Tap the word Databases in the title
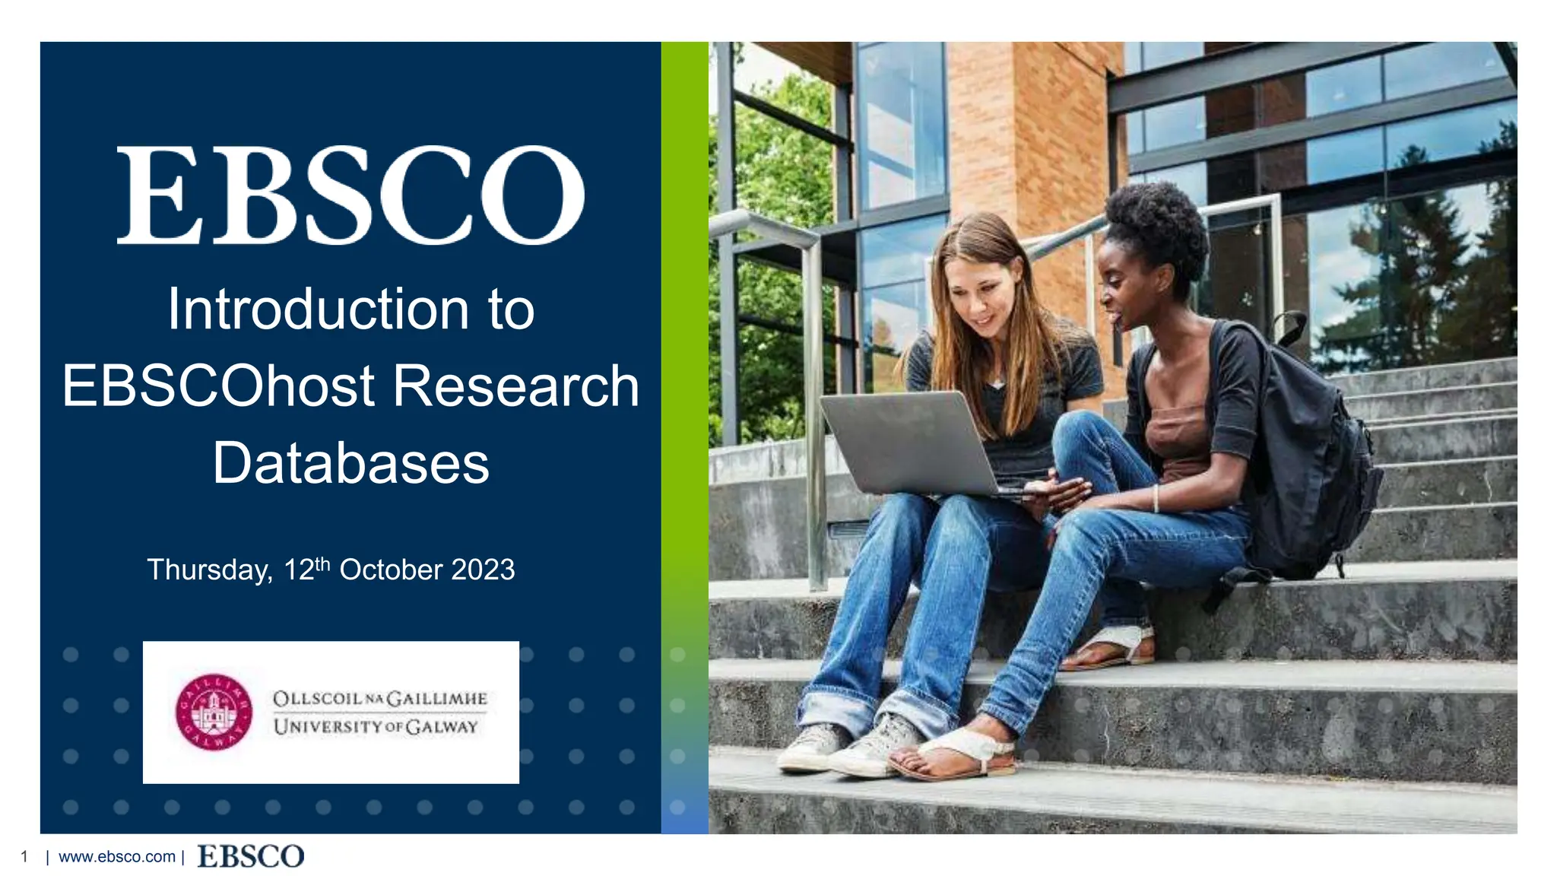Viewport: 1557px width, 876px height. coord(350,463)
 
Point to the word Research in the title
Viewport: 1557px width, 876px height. coord(515,386)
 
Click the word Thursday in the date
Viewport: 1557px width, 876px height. coord(209,570)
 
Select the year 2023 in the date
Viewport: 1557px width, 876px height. coord(483,570)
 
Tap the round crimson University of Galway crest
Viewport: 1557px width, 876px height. coord(214,712)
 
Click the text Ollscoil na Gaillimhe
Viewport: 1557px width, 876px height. coord(379,698)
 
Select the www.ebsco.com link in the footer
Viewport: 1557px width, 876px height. coord(117,857)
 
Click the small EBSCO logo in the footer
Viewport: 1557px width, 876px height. coord(250,856)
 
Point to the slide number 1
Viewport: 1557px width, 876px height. coord(24,857)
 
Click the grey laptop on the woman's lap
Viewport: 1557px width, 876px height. coord(912,441)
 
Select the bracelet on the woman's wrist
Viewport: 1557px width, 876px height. coord(1156,498)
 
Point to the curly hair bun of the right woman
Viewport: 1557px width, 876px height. coord(1159,221)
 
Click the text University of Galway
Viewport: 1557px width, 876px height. coord(376,727)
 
